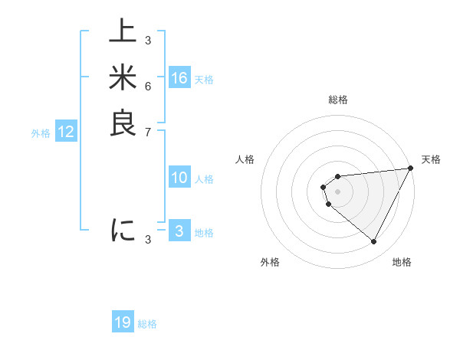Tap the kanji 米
tap(123, 77)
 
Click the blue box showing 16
tap(179, 78)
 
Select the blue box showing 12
tap(66, 132)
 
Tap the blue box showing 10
tap(179, 178)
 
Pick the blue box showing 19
tap(123, 322)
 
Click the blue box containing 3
tap(179, 231)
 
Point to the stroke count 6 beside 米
tap(147, 86)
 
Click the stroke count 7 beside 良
tap(147, 132)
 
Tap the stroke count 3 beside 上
tap(147, 40)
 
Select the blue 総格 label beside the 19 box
tap(147, 324)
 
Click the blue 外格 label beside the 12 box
tap(41, 133)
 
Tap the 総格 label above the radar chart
tap(338, 100)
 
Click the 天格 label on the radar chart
tap(431, 159)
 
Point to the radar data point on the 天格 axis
tap(411, 169)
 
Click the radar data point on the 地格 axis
tap(373, 242)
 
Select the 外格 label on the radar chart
tap(270, 262)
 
